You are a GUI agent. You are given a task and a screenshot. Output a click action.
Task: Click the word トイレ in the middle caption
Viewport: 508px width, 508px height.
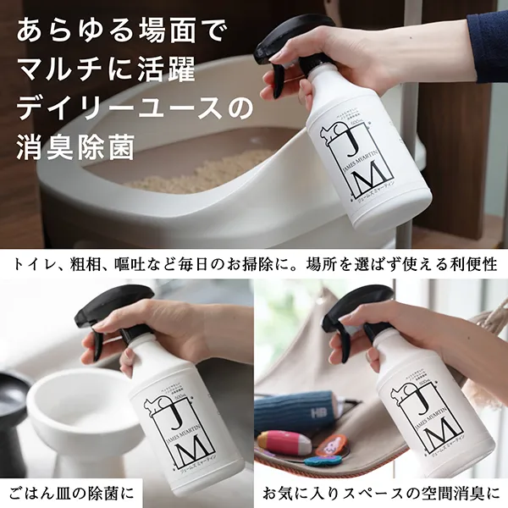tap(36, 264)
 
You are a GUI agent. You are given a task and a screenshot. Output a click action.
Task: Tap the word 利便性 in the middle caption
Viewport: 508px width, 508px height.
tap(473, 264)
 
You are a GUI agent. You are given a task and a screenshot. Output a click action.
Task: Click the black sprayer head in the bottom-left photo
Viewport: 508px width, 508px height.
tap(110, 309)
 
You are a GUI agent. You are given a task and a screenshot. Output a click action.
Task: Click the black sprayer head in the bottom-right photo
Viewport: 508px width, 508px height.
tap(360, 306)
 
